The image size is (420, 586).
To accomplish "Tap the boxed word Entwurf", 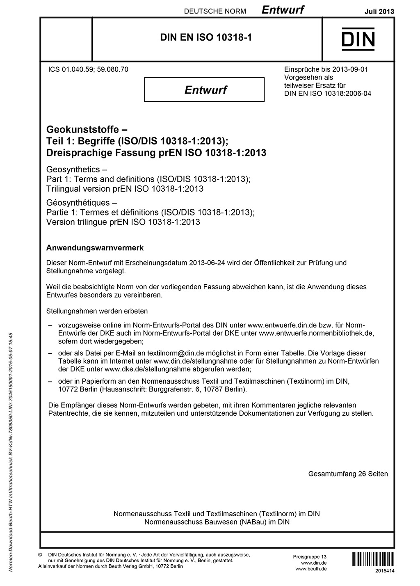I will click(x=205, y=89).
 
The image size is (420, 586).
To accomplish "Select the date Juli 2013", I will click(x=379, y=11).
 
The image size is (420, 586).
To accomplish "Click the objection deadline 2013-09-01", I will click(x=349, y=69).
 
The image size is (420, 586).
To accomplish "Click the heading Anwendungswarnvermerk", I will click(x=95, y=248).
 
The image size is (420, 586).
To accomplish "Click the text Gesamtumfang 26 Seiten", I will click(x=348, y=474).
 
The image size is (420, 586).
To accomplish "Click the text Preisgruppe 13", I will click(x=310, y=556).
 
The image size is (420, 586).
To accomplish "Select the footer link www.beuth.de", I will click(x=311, y=569).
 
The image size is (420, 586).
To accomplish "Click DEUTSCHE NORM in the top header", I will click(x=215, y=11).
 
